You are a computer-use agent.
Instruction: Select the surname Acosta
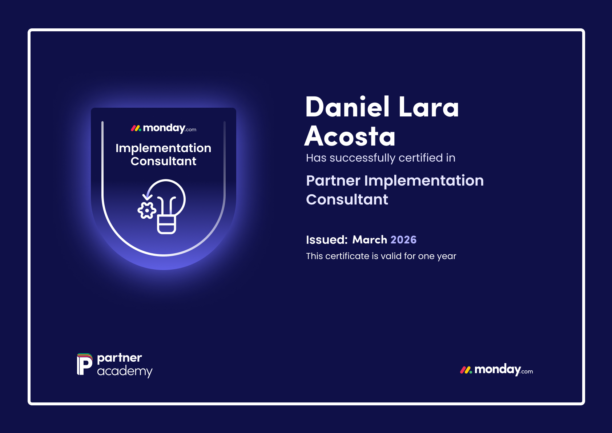pos(350,136)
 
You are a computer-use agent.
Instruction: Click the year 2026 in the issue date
pos(403,240)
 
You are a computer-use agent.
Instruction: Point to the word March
pos(370,240)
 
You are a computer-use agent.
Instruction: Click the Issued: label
pos(327,240)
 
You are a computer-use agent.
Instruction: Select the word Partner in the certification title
pos(333,180)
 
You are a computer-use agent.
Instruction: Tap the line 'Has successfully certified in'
pos(381,158)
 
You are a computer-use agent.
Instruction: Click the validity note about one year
pos(381,256)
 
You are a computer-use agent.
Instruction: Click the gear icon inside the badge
pos(147,210)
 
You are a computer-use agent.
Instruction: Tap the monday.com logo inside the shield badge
pos(164,128)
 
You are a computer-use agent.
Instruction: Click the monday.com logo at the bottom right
pos(496,370)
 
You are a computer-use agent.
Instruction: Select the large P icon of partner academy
pos(85,364)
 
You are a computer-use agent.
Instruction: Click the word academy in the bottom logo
pos(125,372)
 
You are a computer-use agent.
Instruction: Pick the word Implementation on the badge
pos(164,148)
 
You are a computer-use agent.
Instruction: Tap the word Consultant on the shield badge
pos(164,161)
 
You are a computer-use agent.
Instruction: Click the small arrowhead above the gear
pos(148,196)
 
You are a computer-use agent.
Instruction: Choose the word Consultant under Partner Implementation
pos(347,199)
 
